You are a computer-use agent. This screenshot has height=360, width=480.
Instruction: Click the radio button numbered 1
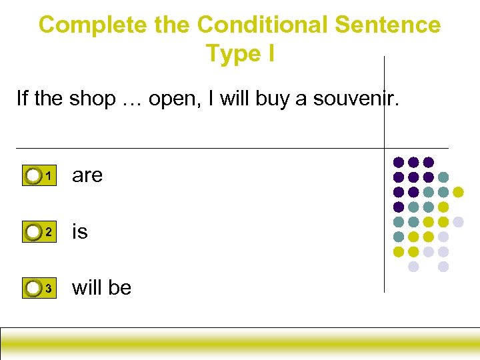pyautogui.click(x=33, y=176)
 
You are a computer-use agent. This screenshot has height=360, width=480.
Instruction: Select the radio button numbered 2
pyautogui.click(x=33, y=232)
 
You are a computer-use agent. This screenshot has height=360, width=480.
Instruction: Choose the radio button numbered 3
pyautogui.click(x=33, y=289)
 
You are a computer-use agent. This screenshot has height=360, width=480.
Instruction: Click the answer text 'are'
pyautogui.click(x=87, y=175)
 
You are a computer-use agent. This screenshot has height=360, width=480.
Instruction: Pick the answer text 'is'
pyautogui.click(x=79, y=231)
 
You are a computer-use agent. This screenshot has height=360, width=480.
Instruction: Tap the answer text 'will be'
pyautogui.click(x=101, y=288)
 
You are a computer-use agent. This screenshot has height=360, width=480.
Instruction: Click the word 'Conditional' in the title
pyautogui.click(x=263, y=25)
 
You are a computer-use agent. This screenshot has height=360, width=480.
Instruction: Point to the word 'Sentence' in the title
pyautogui.click(x=388, y=25)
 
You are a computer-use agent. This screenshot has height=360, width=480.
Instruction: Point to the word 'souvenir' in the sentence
pyautogui.click(x=356, y=99)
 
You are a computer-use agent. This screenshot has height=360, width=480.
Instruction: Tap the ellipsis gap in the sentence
pyautogui.click(x=131, y=100)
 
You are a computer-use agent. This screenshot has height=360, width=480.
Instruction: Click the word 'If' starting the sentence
pyautogui.click(x=22, y=99)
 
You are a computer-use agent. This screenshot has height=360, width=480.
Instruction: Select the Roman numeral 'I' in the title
pyautogui.click(x=271, y=53)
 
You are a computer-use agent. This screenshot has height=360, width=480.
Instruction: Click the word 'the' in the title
pyautogui.click(x=171, y=25)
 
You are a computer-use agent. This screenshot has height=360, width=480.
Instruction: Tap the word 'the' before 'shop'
pyautogui.click(x=48, y=99)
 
